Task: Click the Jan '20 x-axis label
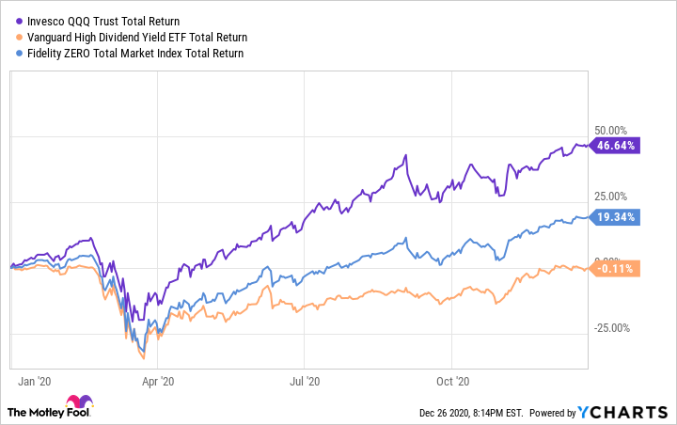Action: (x=36, y=382)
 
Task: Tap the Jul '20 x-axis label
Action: (x=305, y=382)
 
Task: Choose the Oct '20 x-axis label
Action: (x=452, y=382)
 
